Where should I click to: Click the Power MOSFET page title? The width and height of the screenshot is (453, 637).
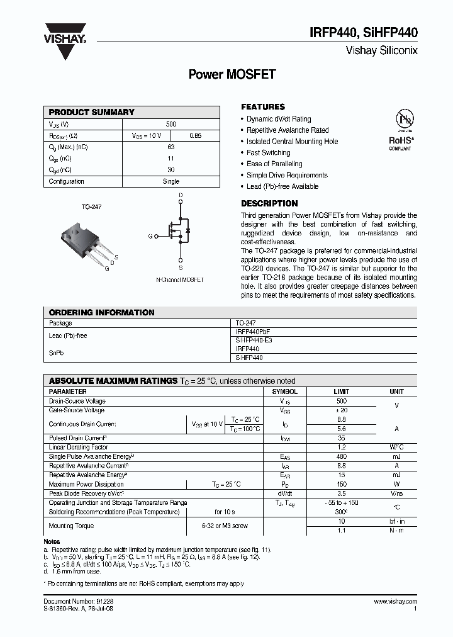(x=223, y=74)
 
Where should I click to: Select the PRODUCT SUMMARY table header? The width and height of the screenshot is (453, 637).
(x=91, y=112)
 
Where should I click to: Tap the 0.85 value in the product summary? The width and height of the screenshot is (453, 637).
(x=195, y=135)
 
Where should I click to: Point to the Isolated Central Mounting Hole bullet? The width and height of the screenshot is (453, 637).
(x=292, y=142)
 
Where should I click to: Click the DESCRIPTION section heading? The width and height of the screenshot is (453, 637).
(x=269, y=203)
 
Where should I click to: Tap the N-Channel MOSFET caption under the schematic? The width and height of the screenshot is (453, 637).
(x=180, y=279)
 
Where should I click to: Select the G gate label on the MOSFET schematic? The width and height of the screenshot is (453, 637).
(x=150, y=236)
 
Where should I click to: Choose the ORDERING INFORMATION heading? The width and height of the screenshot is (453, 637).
(x=101, y=312)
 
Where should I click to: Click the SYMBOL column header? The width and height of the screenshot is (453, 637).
(x=284, y=392)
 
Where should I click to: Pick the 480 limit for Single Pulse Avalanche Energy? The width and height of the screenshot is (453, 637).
(x=342, y=456)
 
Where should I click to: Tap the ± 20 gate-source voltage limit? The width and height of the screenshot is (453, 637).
(x=342, y=410)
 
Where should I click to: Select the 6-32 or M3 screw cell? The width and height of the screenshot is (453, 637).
(x=225, y=526)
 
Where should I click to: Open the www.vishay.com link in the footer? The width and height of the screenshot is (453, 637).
(x=395, y=602)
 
